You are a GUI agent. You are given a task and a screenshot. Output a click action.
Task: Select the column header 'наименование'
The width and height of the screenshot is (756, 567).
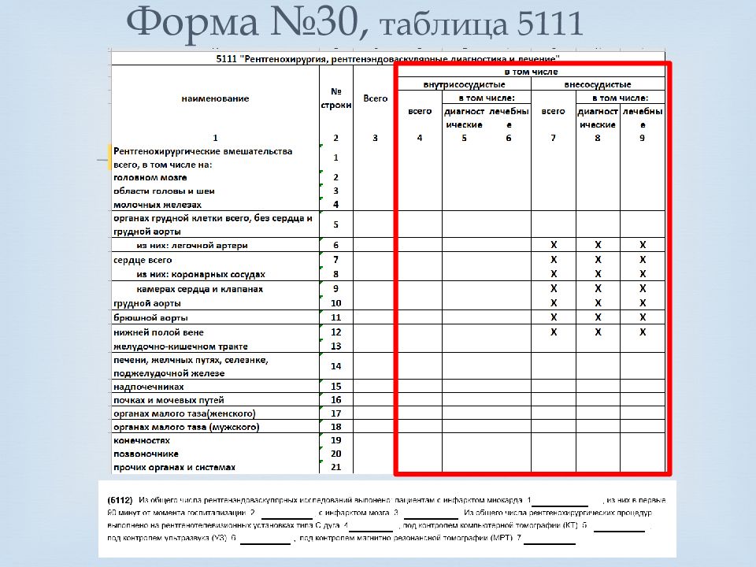(x=215, y=98)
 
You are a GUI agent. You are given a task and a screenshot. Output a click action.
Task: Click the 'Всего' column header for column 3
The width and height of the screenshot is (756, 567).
(x=376, y=98)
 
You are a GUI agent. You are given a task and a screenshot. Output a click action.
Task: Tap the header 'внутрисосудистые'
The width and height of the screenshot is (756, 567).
(x=464, y=84)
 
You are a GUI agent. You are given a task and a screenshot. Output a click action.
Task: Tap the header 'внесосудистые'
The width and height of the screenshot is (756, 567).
(x=598, y=84)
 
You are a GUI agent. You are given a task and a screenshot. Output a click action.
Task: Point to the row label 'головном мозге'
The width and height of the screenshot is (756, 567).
(x=150, y=178)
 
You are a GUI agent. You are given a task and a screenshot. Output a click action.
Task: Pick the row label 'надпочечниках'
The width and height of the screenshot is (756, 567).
(x=149, y=387)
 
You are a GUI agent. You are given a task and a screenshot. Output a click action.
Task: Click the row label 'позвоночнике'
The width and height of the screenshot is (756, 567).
(x=146, y=454)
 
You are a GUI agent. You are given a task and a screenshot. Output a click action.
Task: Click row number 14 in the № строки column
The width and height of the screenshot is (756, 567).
(x=336, y=366)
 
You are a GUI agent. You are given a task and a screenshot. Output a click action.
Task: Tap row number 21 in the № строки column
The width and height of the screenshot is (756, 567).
(x=336, y=467)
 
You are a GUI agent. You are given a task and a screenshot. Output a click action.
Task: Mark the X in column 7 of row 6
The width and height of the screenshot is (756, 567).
(x=554, y=245)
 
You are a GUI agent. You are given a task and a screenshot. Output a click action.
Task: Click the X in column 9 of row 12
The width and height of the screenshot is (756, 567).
(x=643, y=332)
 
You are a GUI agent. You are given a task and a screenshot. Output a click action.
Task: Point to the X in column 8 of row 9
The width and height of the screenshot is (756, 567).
(x=598, y=289)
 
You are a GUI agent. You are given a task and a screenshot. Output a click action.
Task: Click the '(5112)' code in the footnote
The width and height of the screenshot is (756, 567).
(x=120, y=500)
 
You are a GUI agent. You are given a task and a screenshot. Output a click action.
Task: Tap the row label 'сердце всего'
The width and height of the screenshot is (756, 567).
(x=143, y=259)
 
